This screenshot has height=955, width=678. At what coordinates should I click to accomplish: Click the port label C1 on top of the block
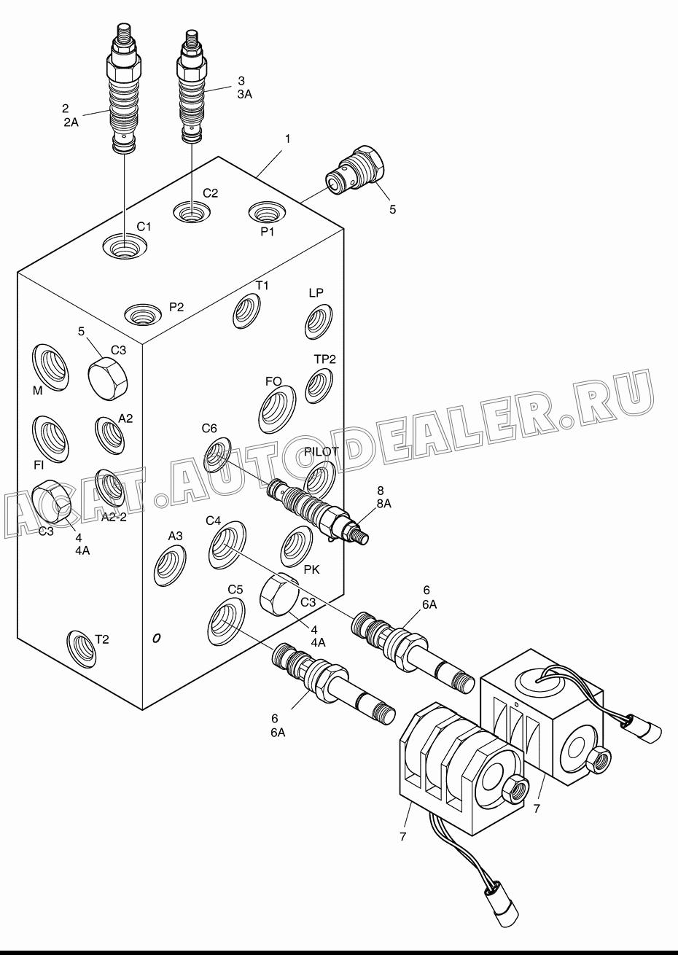[144, 227]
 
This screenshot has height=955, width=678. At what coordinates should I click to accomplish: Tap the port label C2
[210, 193]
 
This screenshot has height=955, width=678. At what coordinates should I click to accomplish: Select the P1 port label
[268, 232]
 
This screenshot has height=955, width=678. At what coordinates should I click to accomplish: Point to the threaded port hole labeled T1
[247, 312]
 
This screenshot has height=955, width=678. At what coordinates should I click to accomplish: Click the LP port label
[316, 292]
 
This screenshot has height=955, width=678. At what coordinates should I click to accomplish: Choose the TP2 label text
[325, 359]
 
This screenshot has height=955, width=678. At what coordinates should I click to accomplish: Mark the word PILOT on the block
[322, 451]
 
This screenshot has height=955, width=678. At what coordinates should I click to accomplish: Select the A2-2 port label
[114, 518]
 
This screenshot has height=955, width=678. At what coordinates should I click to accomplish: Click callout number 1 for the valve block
[288, 139]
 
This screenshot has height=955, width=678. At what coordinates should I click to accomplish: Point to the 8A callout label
[383, 504]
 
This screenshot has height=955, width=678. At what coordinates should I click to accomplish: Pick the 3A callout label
[245, 94]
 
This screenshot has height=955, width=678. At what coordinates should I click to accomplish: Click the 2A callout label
[71, 122]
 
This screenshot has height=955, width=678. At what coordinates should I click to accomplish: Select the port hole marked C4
[227, 545]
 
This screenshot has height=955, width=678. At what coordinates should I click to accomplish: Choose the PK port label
[312, 569]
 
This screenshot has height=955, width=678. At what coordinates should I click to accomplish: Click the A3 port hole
[170, 566]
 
